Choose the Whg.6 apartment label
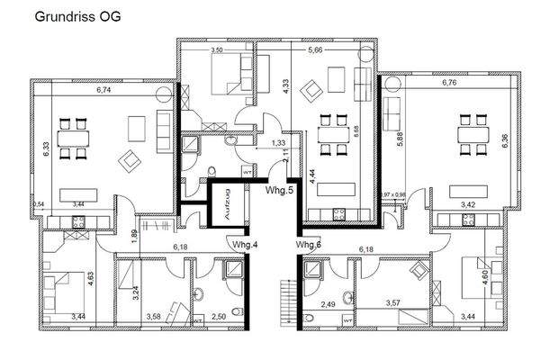pyautogui.click(x=309, y=245)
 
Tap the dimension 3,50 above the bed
pyautogui.click(x=217, y=51)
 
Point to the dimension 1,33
pyautogui.click(x=280, y=142)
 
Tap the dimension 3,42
pyautogui.click(x=469, y=205)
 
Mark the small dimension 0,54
pyautogui.click(x=38, y=204)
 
